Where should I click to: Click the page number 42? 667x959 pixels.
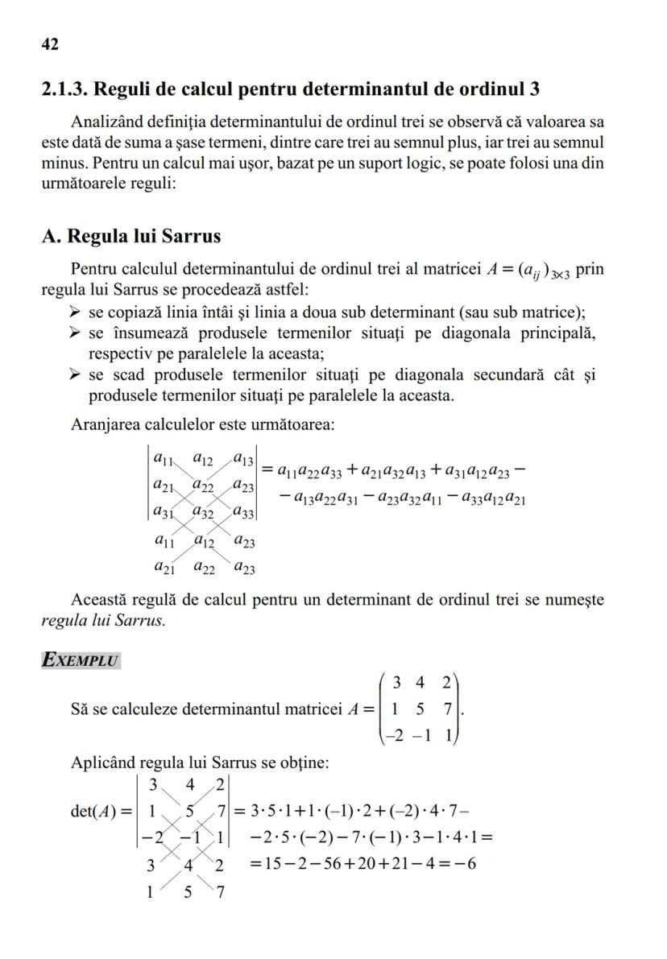tap(50, 44)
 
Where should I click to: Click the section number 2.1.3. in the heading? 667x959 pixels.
tap(68, 89)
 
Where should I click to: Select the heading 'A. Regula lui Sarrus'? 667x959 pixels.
tap(131, 237)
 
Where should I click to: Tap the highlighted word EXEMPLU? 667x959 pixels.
tap(81, 661)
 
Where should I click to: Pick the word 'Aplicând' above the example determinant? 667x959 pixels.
tap(102, 762)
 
